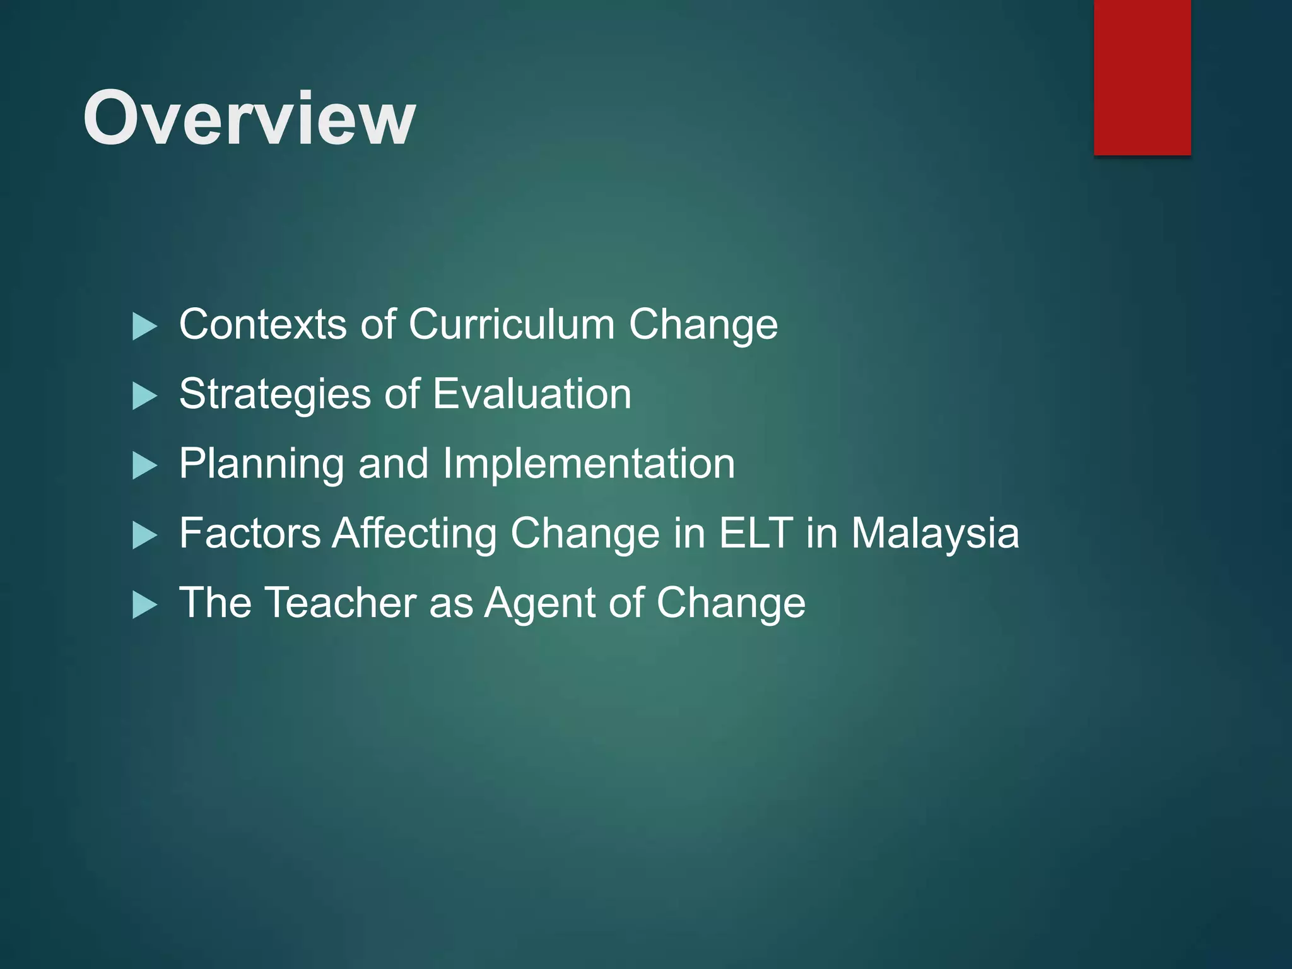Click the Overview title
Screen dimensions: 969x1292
[249, 119]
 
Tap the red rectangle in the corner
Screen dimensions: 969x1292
[1142, 77]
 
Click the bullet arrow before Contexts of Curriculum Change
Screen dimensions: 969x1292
[144, 327]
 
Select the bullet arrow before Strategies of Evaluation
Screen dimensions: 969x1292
[144, 397]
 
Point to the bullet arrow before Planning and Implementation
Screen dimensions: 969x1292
[144, 466]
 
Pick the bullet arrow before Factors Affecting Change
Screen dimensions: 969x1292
[144, 536]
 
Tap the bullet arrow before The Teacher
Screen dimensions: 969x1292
[144, 606]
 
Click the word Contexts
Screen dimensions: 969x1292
[262, 324]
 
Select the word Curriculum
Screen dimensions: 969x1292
[511, 324]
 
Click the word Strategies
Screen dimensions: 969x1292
[275, 394]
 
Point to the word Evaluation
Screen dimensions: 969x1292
[532, 394]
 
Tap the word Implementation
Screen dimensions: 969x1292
[589, 464]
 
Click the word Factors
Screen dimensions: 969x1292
[250, 533]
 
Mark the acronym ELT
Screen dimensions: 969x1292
[756, 533]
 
